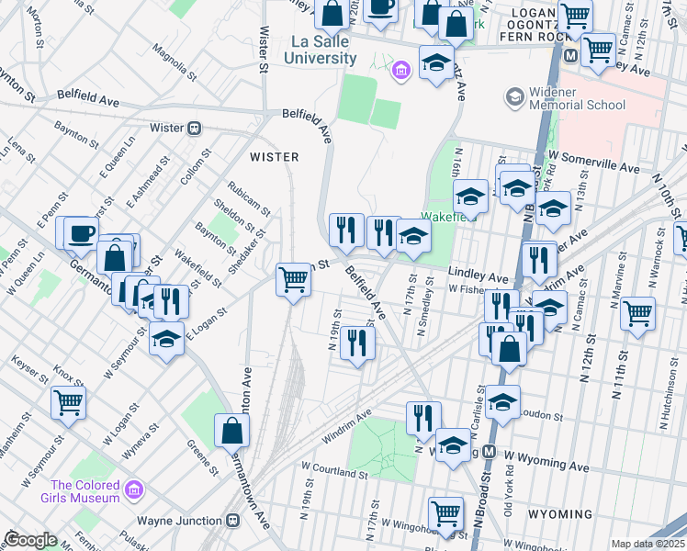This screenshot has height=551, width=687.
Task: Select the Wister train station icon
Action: point(194,129)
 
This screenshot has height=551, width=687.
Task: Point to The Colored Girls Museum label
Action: point(85,491)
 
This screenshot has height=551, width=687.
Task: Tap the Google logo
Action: point(30,540)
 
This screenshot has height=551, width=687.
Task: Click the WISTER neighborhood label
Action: point(274,157)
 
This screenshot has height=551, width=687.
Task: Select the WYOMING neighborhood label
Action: point(559,513)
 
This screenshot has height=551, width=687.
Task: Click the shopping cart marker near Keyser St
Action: point(69,401)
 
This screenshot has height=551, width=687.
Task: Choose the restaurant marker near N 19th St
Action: point(357,343)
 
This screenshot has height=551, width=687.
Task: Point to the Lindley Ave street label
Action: point(478,276)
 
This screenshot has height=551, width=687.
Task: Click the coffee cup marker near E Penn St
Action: point(80,231)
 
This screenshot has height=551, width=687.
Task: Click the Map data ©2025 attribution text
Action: point(648,544)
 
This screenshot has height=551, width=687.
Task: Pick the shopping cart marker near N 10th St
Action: point(636,313)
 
